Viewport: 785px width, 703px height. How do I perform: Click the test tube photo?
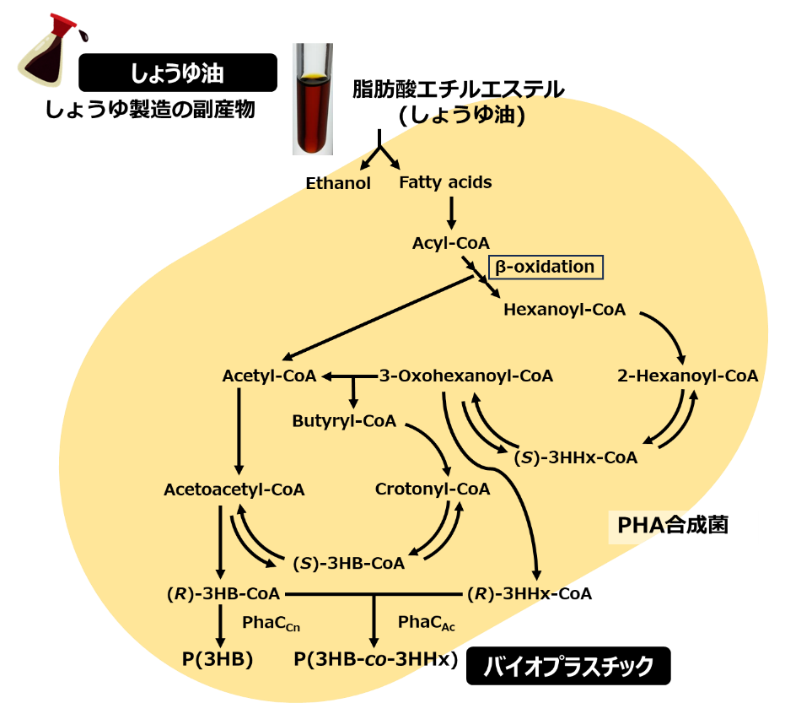click(312, 100)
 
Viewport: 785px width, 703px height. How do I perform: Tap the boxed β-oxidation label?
click(546, 268)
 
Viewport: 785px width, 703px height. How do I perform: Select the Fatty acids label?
click(445, 182)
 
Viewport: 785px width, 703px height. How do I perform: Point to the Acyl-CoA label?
click(450, 243)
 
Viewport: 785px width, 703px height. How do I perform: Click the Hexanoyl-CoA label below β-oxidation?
click(564, 310)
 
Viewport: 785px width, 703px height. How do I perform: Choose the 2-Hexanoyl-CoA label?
click(687, 376)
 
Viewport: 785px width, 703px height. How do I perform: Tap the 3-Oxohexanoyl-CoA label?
click(465, 376)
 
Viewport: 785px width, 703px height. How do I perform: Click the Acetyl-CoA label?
click(269, 376)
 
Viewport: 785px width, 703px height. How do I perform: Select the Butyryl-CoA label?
click(344, 421)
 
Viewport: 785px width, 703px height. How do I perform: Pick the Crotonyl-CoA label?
click(432, 489)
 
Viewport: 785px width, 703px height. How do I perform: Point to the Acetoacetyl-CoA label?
click(234, 489)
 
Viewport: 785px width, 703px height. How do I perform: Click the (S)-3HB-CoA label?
click(348, 563)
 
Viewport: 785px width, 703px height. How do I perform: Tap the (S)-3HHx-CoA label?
click(575, 457)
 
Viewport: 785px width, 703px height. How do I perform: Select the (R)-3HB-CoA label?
click(223, 594)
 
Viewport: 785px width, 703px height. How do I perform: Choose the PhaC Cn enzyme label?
click(271, 624)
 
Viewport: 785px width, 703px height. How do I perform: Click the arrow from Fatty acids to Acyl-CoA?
click(451, 212)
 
